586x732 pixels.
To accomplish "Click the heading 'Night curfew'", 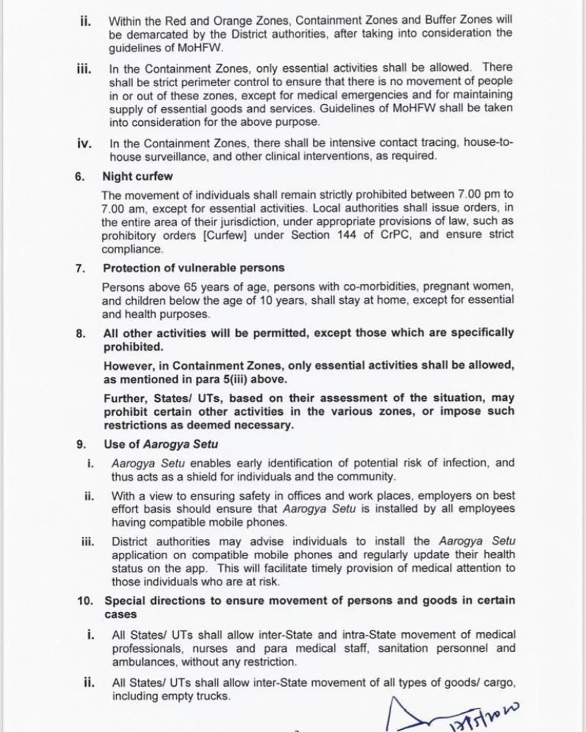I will [137, 177].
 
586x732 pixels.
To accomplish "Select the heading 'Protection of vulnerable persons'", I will [193, 268].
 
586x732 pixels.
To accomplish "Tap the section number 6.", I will [80, 177].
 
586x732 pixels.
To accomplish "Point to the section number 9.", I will [81, 444].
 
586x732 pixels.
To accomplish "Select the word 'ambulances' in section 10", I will [144, 662].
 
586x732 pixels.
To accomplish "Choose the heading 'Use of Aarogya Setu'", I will [161, 444].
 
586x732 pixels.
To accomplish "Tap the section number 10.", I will [85, 601].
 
